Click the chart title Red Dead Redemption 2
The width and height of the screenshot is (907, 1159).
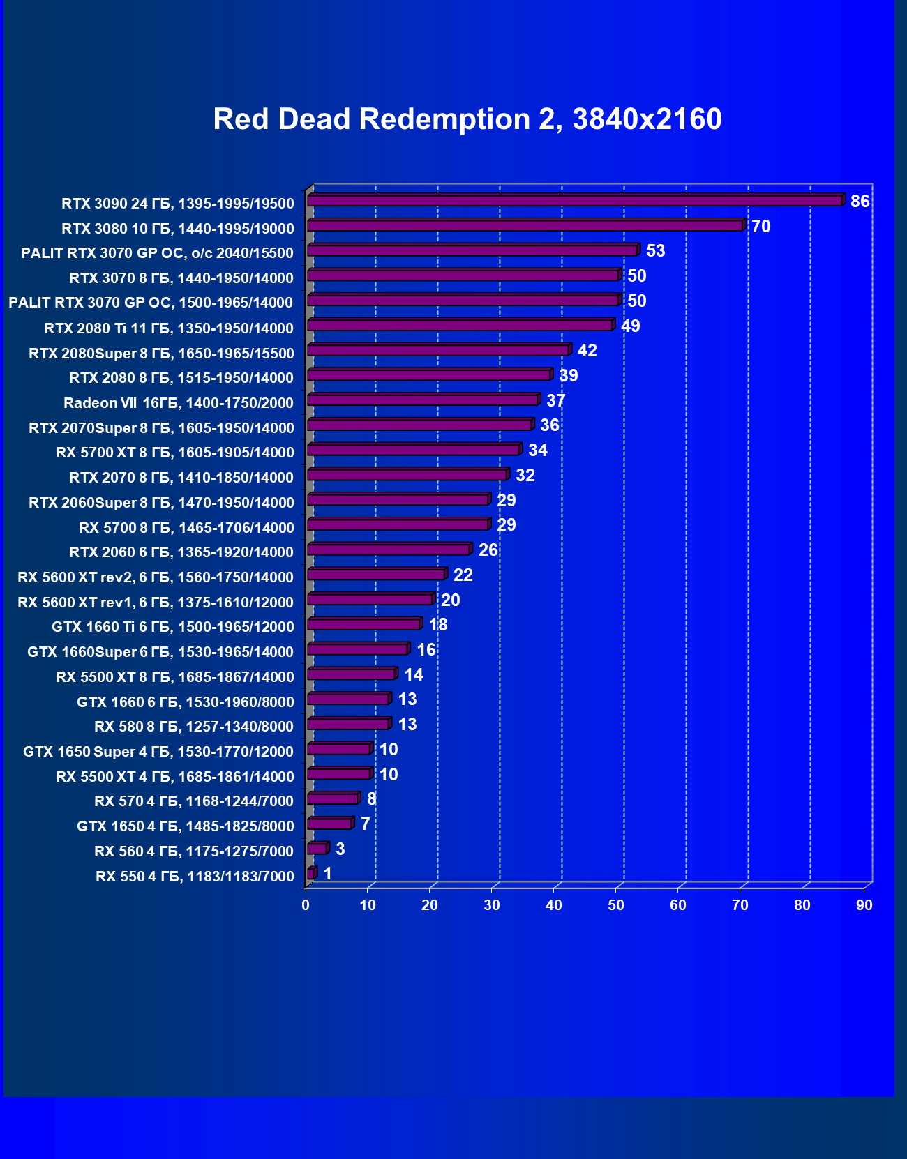(x=467, y=119)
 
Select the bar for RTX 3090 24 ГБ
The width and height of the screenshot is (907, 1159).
(x=574, y=201)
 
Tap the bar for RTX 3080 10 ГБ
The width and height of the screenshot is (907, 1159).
(x=525, y=226)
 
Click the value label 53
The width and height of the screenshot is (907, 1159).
(x=656, y=251)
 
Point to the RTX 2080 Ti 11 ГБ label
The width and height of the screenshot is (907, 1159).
(x=169, y=328)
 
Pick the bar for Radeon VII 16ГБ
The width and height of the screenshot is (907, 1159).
(x=423, y=400)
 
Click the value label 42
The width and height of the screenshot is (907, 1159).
(x=587, y=351)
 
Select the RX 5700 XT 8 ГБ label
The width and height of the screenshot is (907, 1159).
(x=175, y=453)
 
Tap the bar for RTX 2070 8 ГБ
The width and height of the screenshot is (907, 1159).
(x=407, y=475)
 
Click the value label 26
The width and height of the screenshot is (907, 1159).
(x=488, y=550)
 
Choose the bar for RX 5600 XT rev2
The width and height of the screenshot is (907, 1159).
(x=376, y=575)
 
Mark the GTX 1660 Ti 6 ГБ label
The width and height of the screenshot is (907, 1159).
(x=173, y=627)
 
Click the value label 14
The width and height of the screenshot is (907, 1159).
(x=414, y=675)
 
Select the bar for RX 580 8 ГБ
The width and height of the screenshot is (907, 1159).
(x=348, y=725)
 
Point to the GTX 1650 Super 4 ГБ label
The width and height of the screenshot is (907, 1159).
(x=158, y=752)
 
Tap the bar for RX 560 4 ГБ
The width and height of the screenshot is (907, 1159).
(x=317, y=849)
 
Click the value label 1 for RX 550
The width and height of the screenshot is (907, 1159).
(x=328, y=874)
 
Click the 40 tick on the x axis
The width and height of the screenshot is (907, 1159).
(x=554, y=905)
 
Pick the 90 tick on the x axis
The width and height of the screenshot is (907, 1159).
(x=864, y=905)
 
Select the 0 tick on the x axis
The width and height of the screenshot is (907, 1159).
(x=306, y=905)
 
